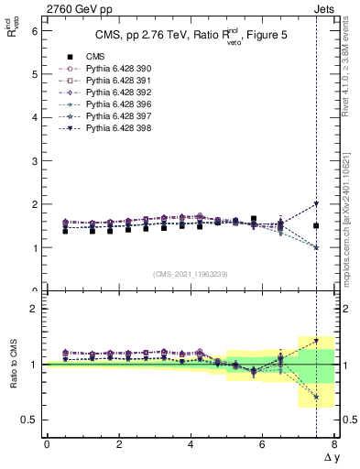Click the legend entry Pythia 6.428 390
pos(115,69)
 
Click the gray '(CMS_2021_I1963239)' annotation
pos(191,274)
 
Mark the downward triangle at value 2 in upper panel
pos(316,204)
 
